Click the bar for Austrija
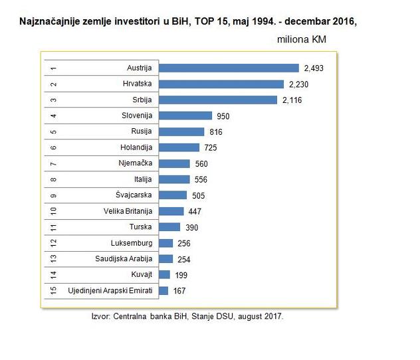tap(229, 68)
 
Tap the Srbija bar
tap(219, 100)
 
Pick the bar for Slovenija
tap(186, 116)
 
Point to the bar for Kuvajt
tap(165, 274)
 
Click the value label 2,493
tap(313, 68)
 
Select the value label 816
tap(216, 132)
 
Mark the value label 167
tap(179, 290)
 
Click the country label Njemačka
tap(135, 163)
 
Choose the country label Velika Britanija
tap(128, 211)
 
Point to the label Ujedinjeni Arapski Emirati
tap(110, 290)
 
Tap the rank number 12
tap(53, 242)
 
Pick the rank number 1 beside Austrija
tap(53, 68)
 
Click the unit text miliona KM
tap(302, 39)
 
